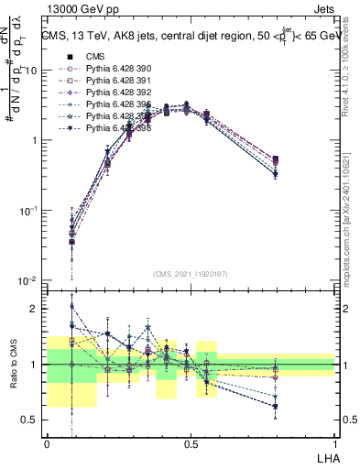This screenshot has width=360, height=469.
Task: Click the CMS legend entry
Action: (96, 56)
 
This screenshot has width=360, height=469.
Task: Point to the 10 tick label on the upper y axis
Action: (32, 71)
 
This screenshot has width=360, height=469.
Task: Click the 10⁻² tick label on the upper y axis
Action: (29, 280)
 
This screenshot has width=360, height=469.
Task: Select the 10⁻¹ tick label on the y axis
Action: (29, 211)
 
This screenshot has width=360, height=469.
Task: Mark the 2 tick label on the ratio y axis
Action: (37, 309)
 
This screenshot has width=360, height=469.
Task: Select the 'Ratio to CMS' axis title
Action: (14, 365)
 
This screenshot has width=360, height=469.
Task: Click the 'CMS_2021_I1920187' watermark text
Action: (191, 273)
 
